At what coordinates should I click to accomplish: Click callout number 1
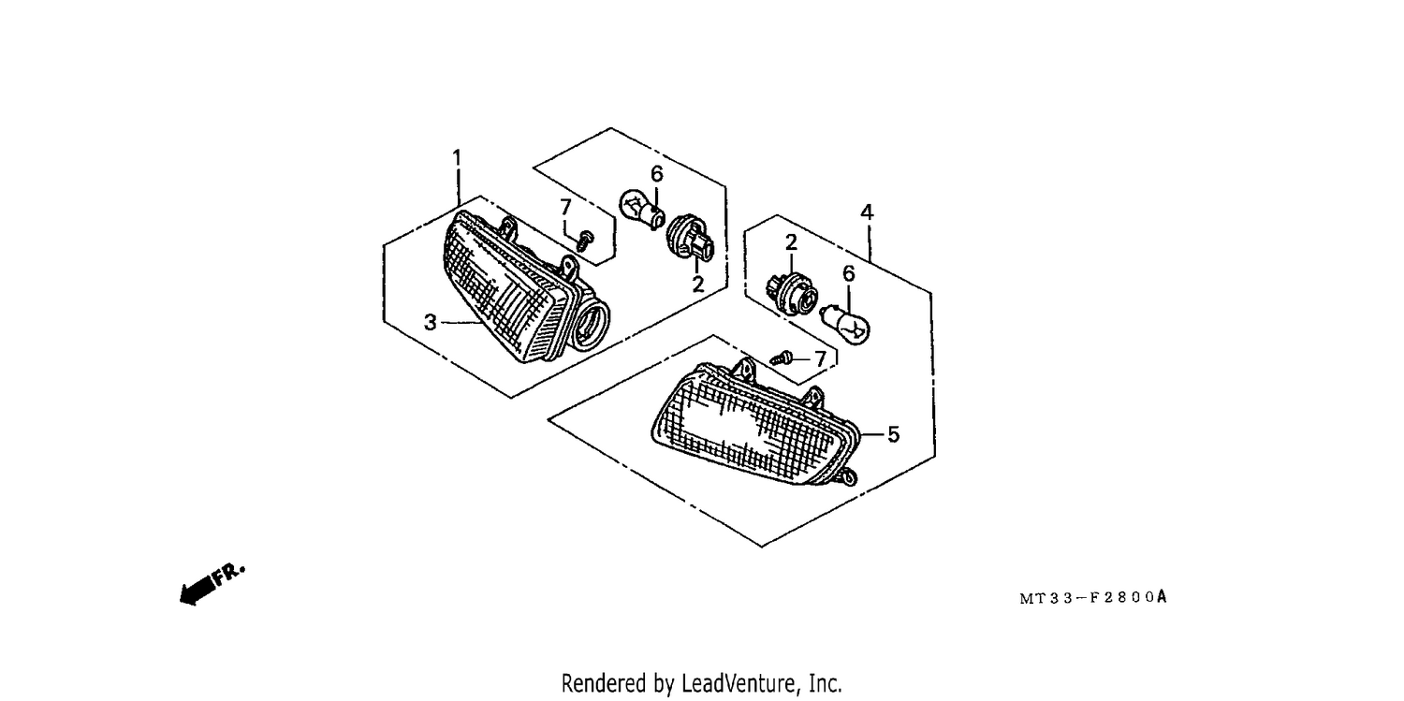pyautogui.click(x=457, y=157)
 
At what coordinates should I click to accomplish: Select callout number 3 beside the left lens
pyautogui.click(x=430, y=322)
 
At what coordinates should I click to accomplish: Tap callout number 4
pyautogui.click(x=867, y=212)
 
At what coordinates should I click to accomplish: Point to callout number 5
pyautogui.click(x=894, y=434)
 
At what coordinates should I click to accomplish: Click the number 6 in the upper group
pyautogui.click(x=657, y=173)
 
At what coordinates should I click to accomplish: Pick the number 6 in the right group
pyautogui.click(x=849, y=273)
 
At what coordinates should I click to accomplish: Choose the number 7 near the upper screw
pyautogui.click(x=566, y=207)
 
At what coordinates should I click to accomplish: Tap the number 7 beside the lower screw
pyautogui.click(x=821, y=359)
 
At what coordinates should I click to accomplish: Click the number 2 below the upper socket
pyautogui.click(x=698, y=285)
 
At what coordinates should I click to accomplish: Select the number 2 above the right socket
pyautogui.click(x=791, y=241)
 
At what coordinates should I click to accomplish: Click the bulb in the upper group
pyautogui.click(x=641, y=209)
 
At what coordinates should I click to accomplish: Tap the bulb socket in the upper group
pyautogui.click(x=690, y=239)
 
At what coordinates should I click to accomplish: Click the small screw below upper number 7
pyautogui.click(x=585, y=241)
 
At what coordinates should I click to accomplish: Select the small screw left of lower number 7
pyautogui.click(x=782, y=359)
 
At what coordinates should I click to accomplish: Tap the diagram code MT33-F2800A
pyautogui.click(x=1093, y=597)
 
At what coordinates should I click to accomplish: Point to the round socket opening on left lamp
pyautogui.click(x=591, y=324)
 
